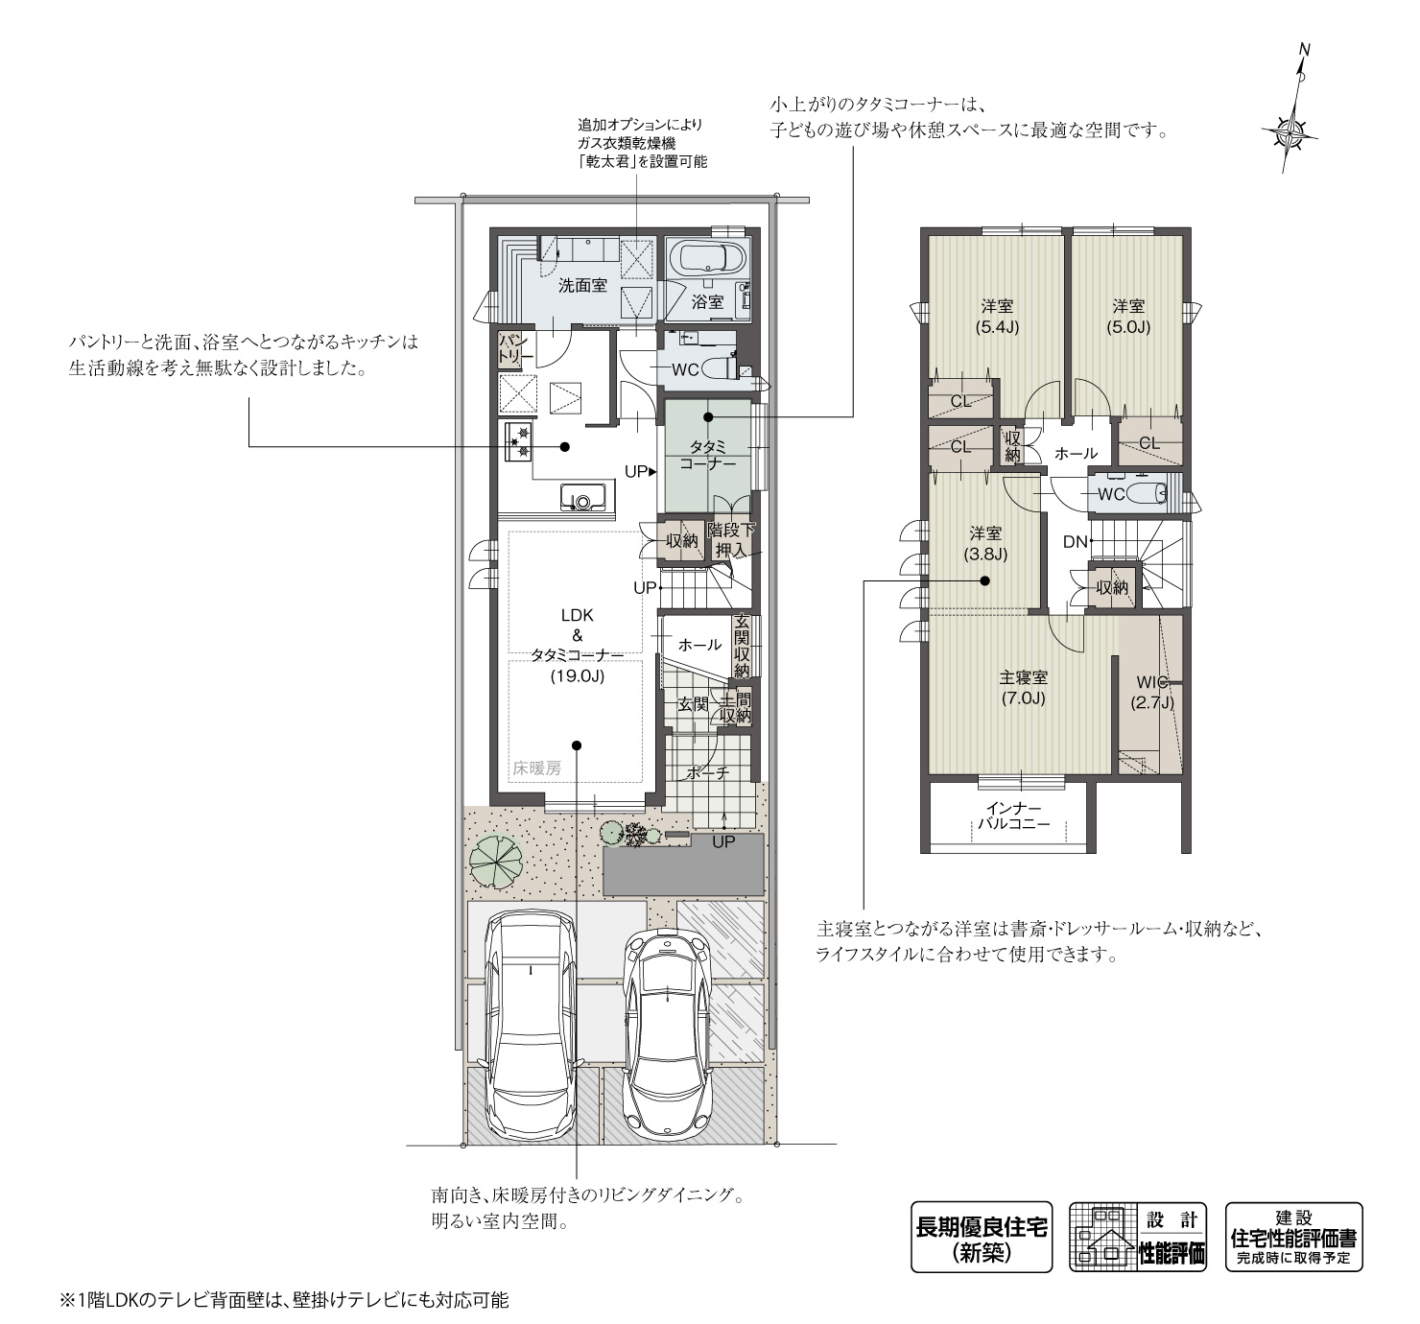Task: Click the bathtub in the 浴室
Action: [x=706, y=259]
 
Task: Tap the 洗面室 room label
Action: [x=583, y=286]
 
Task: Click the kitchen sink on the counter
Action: [x=582, y=499]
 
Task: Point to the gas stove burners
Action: [x=518, y=440]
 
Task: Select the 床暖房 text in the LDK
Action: [x=536, y=768]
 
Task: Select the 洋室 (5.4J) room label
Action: [x=997, y=317]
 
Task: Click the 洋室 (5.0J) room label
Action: [x=1129, y=317]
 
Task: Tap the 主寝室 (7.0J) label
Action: [x=1022, y=688]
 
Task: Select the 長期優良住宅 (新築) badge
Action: [x=982, y=1237]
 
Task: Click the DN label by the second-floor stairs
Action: [x=1075, y=541]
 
